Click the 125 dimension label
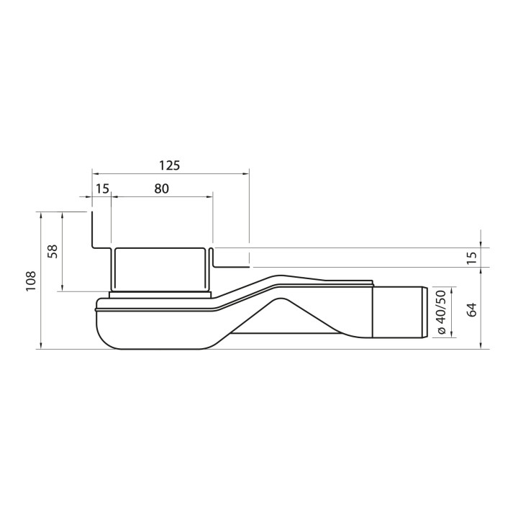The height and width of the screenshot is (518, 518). point(169,165)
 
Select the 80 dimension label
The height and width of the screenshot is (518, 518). point(161,188)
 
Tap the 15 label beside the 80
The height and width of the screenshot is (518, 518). point(102,188)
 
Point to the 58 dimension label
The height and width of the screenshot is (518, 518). point(53,251)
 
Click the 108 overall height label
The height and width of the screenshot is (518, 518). point(29,281)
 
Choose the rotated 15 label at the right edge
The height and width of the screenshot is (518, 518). point(472,258)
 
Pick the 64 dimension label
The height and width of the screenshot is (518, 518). point(472,309)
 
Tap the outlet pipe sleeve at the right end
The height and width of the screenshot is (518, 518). point(400,312)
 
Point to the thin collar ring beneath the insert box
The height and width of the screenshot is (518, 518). point(160,294)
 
